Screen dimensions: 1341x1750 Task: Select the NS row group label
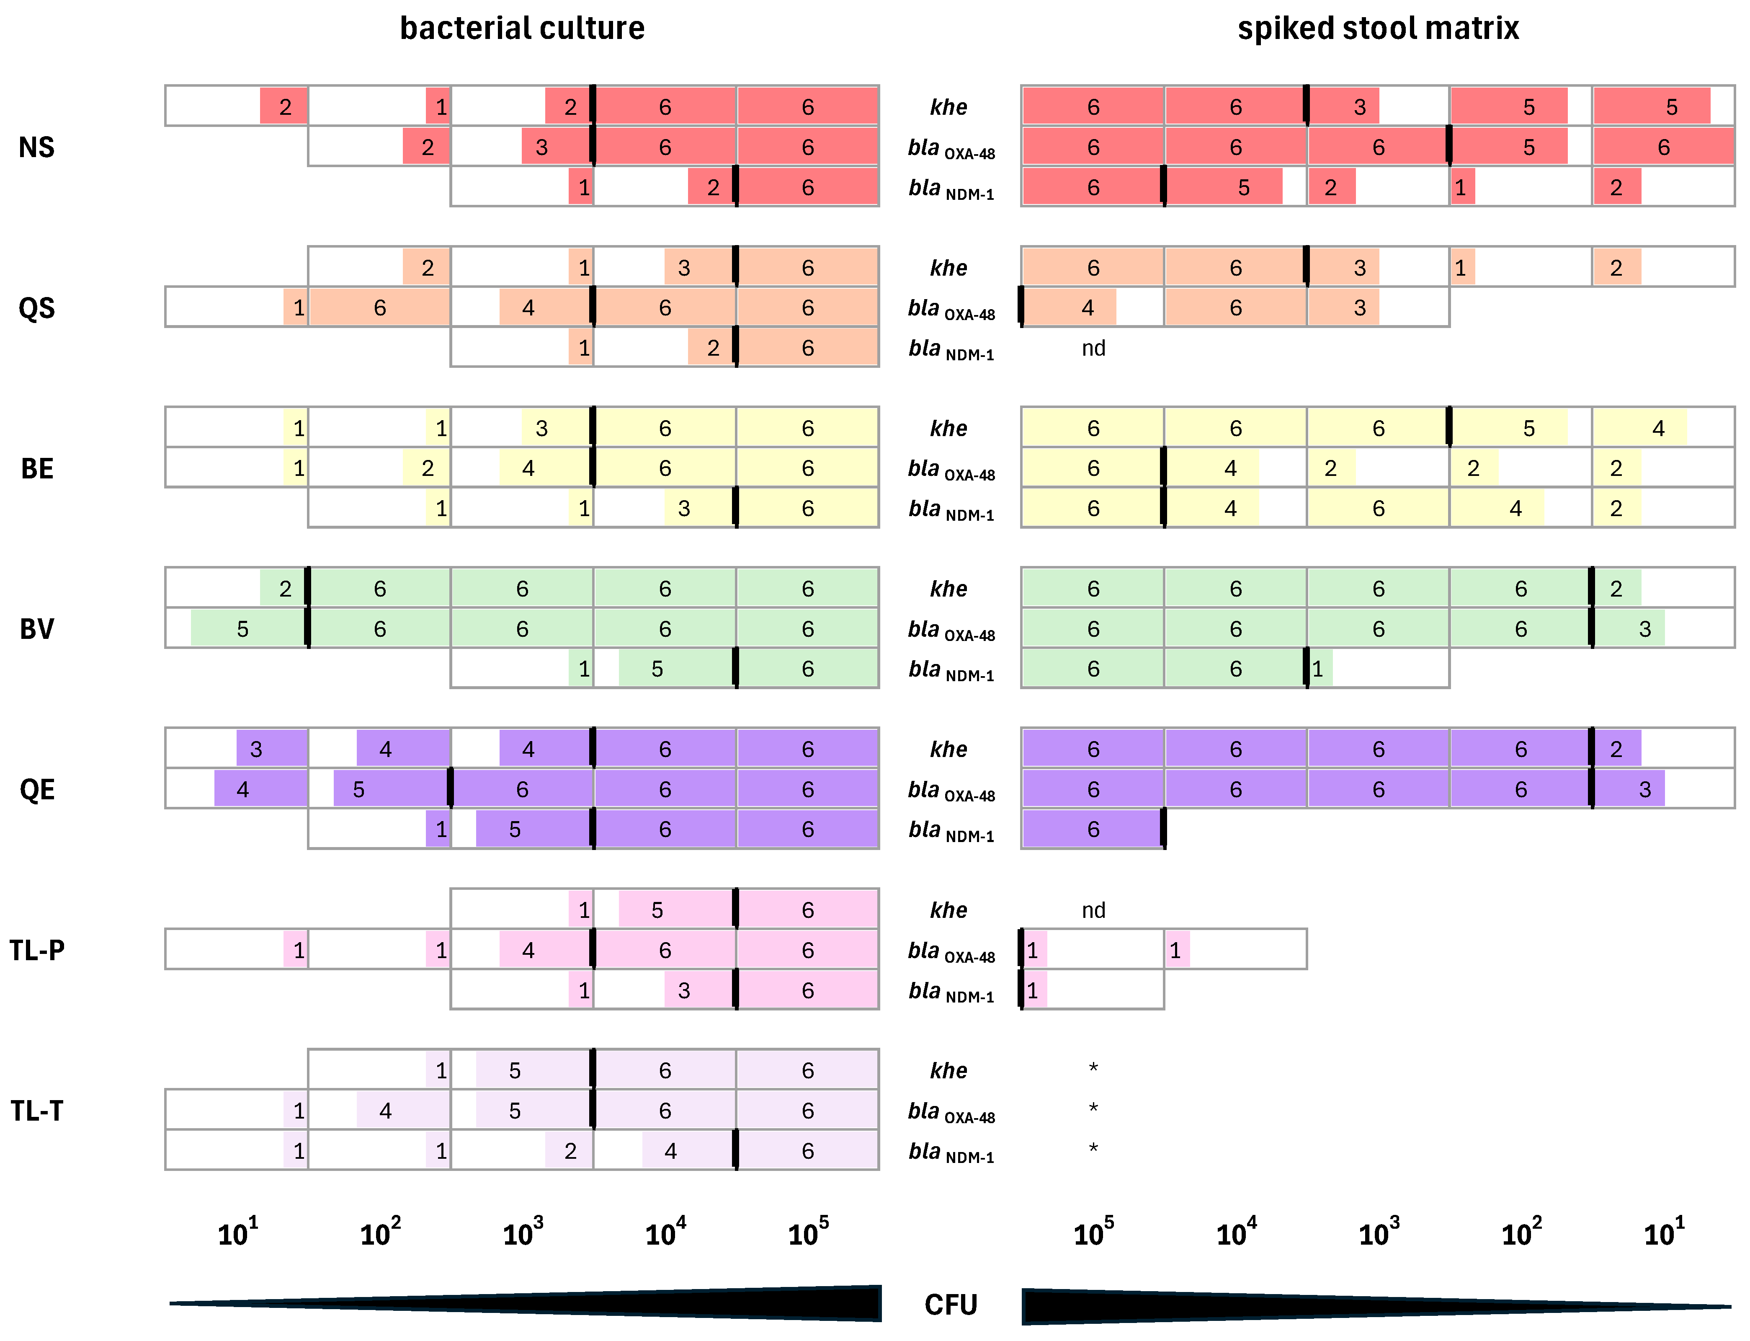click(37, 147)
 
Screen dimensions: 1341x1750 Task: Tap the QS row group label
click(37, 308)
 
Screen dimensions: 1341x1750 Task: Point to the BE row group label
click(37, 468)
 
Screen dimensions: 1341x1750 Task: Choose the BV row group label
click(37, 629)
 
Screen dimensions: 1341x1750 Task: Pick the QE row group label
click(37, 789)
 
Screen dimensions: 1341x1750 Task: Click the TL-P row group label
click(37, 950)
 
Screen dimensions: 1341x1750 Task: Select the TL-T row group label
click(37, 1110)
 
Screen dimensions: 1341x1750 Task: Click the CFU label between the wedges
click(951, 1304)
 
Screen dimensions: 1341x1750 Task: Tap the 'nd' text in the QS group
click(1093, 348)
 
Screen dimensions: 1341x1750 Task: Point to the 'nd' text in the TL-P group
click(1093, 910)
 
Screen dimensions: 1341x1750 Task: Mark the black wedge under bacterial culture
click(718, 1303)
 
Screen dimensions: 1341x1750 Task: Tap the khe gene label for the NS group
click(949, 107)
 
